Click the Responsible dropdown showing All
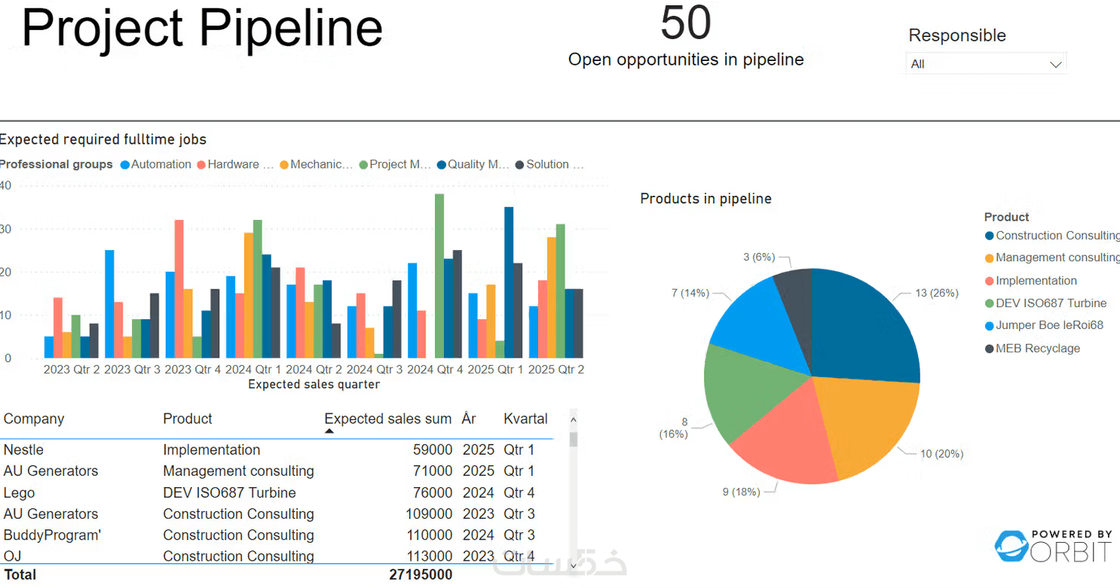986,64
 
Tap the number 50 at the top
685,23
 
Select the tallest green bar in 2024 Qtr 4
439,276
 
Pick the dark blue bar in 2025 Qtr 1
509,282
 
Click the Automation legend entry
156,164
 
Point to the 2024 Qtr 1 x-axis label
252,369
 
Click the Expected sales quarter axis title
314,385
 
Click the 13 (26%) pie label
936,293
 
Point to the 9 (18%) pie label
741,492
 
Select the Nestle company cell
23,449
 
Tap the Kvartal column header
525,419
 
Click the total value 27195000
421,574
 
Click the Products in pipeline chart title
705,199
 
